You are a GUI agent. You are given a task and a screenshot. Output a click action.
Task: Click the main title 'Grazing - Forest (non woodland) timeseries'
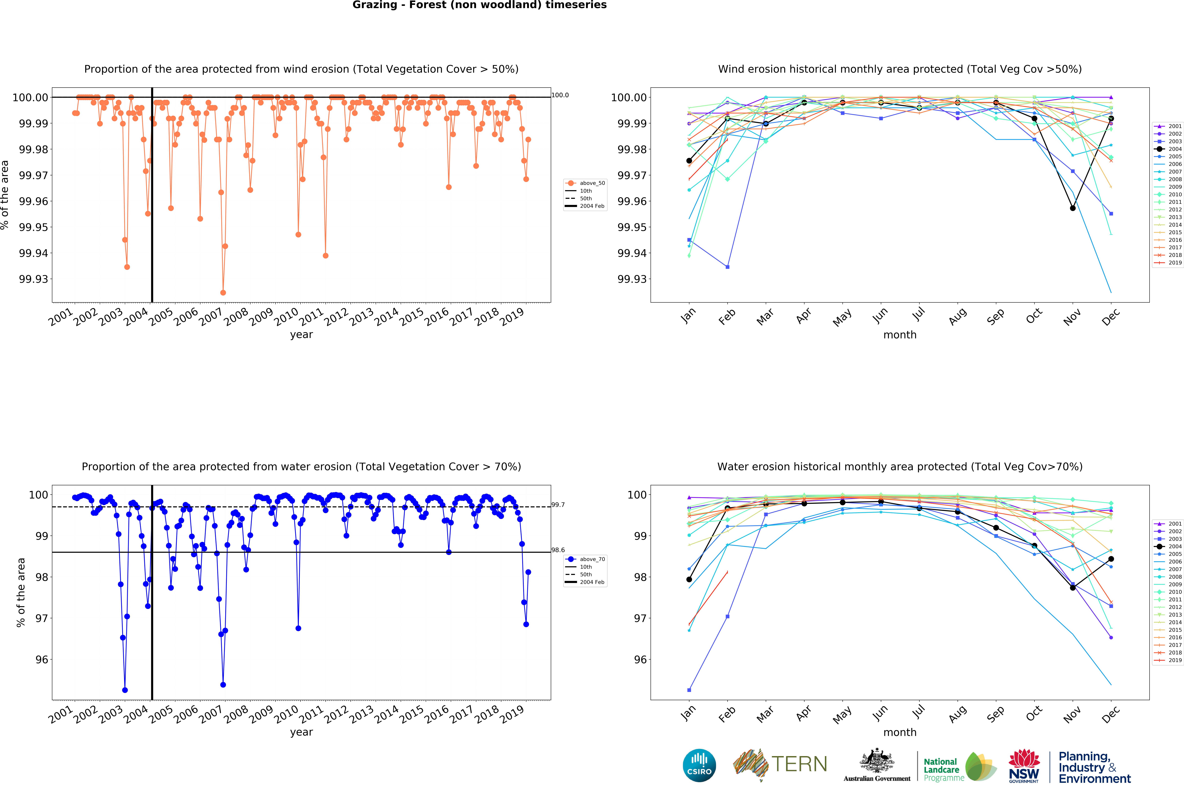coord(479,5)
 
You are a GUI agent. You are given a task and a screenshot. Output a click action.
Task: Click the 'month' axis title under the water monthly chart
coord(900,733)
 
